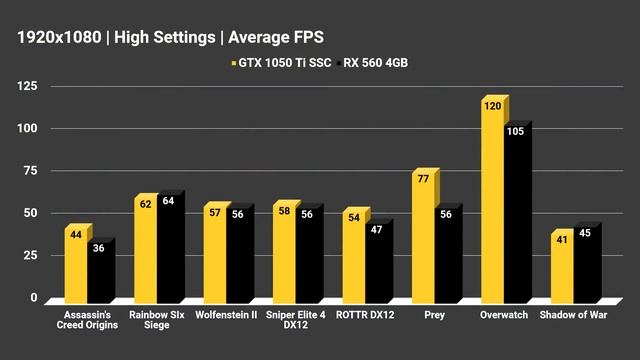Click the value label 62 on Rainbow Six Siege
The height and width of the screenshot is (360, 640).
(x=146, y=204)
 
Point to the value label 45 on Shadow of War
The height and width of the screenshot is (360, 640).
(x=586, y=234)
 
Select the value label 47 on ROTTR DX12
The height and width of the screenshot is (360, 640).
(x=377, y=230)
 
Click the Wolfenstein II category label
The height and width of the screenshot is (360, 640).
(x=225, y=315)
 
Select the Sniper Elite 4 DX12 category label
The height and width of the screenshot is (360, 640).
(x=294, y=321)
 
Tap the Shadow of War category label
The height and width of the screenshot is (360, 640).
(x=572, y=315)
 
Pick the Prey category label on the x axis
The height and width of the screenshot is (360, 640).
(x=434, y=315)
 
